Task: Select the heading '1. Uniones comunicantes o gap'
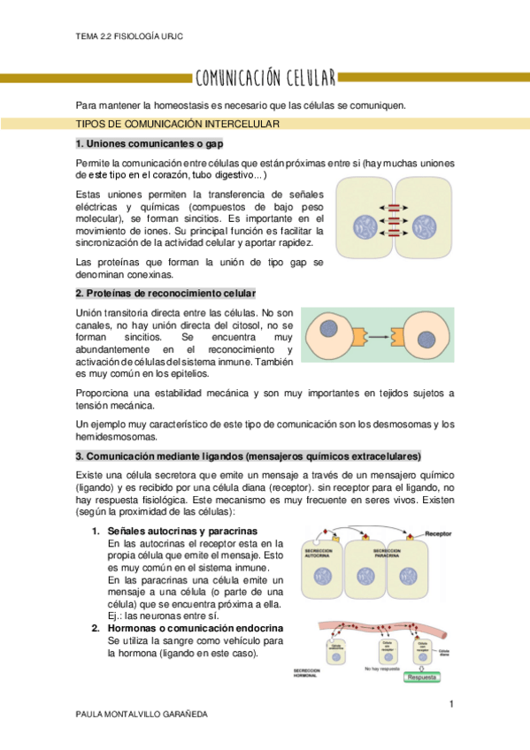click(x=149, y=143)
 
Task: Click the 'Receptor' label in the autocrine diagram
click(x=442, y=533)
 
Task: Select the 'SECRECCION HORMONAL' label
click(x=310, y=674)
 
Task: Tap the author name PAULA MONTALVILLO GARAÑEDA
click(x=142, y=713)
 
